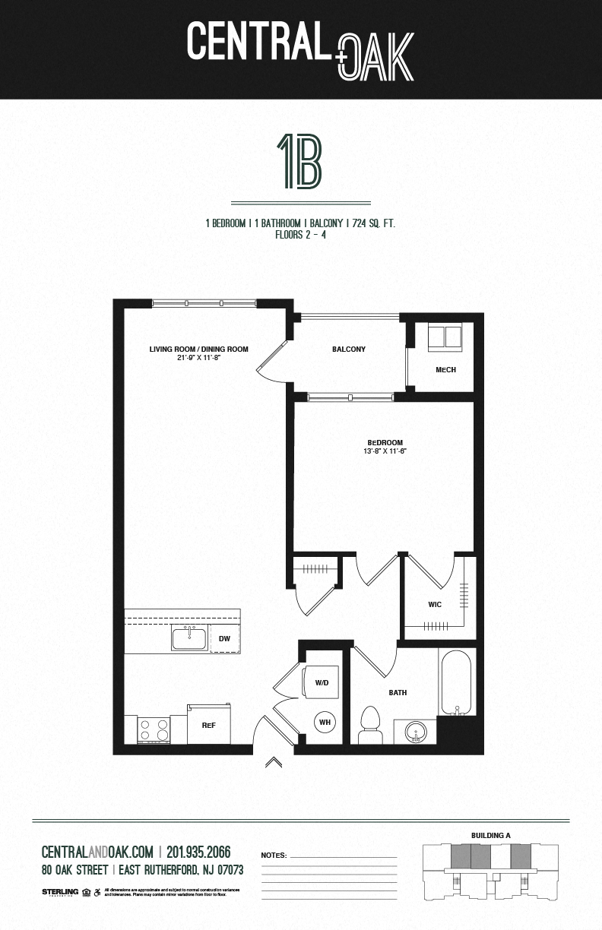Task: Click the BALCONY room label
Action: [348, 350]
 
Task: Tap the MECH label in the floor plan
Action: [445, 370]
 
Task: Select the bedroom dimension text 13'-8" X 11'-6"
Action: [385, 451]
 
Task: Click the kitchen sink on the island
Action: [189, 638]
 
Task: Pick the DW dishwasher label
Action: [224, 639]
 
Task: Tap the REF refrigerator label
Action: [209, 726]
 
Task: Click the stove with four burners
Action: [153, 730]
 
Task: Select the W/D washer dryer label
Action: [322, 683]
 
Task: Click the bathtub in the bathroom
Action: [456, 682]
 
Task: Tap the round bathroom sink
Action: [416, 733]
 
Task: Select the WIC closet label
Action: [435, 605]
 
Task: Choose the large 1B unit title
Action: [300, 162]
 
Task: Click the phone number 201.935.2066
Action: [198, 852]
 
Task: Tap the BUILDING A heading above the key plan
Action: [490, 836]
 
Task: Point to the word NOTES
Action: [274, 856]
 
